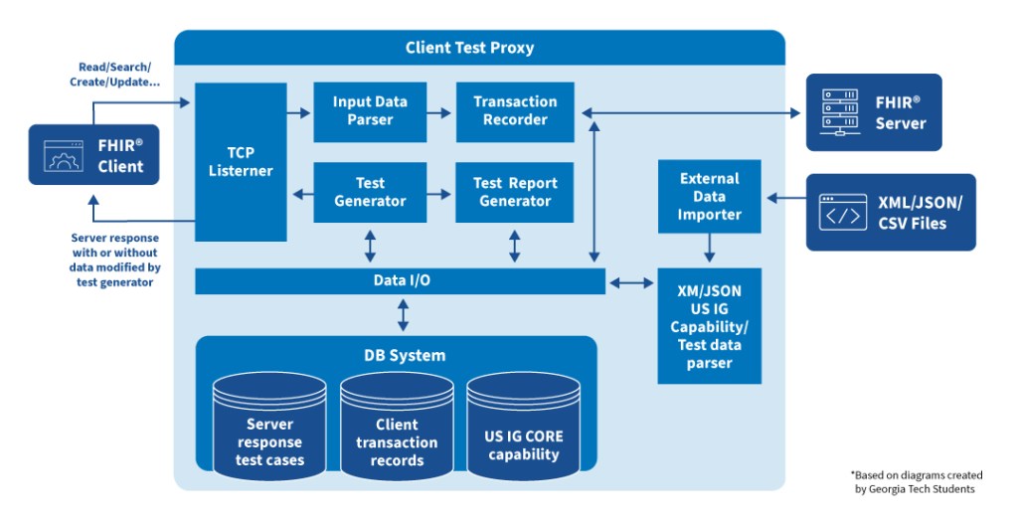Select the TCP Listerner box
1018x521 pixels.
click(x=239, y=161)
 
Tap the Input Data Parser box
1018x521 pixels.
click(x=370, y=110)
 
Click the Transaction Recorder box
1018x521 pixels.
click(x=514, y=110)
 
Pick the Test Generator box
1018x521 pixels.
click(x=370, y=192)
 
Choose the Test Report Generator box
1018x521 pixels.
click(x=514, y=192)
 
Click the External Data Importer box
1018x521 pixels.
click(x=709, y=196)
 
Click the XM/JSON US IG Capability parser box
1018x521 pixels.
click(x=709, y=326)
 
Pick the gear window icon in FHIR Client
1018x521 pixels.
click(x=63, y=156)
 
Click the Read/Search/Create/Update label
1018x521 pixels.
click(x=119, y=75)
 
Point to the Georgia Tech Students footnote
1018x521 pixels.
click(x=916, y=481)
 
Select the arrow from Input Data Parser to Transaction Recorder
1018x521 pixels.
click(x=439, y=112)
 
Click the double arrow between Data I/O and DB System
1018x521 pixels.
click(x=403, y=314)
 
